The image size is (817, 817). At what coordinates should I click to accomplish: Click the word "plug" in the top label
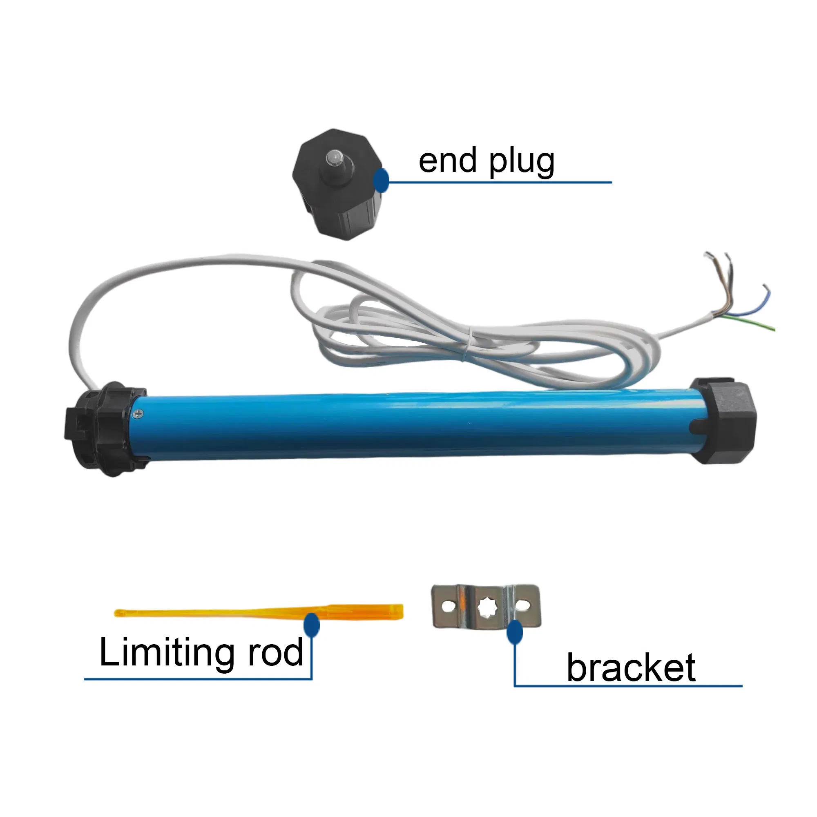[x=521, y=163]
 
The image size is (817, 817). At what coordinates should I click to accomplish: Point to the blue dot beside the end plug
[x=381, y=181]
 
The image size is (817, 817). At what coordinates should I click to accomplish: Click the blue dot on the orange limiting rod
[x=312, y=625]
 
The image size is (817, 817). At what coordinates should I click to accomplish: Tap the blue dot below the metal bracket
[x=514, y=632]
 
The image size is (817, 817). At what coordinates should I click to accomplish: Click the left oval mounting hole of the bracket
[x=448, y=606]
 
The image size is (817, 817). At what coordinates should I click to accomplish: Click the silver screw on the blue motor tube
[x=137, y=414]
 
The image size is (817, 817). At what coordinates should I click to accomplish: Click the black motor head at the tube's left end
[x=106, y=429]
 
